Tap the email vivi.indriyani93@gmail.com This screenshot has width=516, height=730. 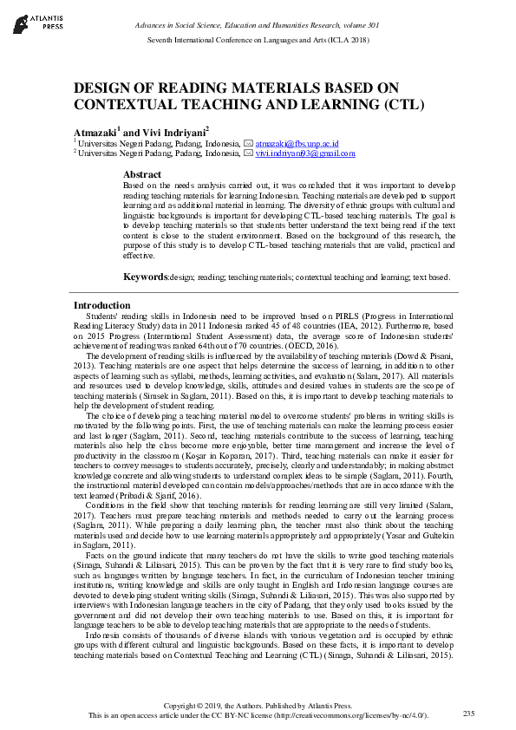point(305,153)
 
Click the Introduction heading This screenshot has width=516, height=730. point(101,305)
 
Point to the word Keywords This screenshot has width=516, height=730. point(144,277)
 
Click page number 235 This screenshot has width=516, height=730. point(469,713)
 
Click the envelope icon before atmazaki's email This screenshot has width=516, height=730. point(248,143)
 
